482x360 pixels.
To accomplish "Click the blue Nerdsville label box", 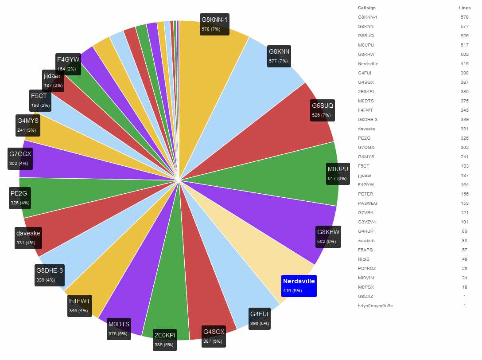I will (x=299, y=286).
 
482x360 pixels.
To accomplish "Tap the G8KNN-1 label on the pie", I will (x=214, y=24).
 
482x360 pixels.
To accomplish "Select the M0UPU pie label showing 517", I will (x=338, y=173).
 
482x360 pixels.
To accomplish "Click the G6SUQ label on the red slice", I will (x=323, y=110).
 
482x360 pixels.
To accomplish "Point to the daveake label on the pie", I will (x=28, y=238).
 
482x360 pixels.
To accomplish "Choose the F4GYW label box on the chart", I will (x=68, y=63).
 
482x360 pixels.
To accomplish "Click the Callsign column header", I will (x=366, y=8).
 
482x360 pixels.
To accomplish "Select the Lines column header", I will (x=465, y=8).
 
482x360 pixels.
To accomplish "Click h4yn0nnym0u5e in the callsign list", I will (x=375, y=306).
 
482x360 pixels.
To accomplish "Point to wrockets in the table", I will (x=366, y=241).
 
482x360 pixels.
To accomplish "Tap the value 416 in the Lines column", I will (x=465, y=64).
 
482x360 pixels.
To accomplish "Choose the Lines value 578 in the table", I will (x=465, y=17).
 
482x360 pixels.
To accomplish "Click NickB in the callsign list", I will (x=364, y=259).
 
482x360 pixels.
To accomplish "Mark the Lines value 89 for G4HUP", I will (x=465, y=231).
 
